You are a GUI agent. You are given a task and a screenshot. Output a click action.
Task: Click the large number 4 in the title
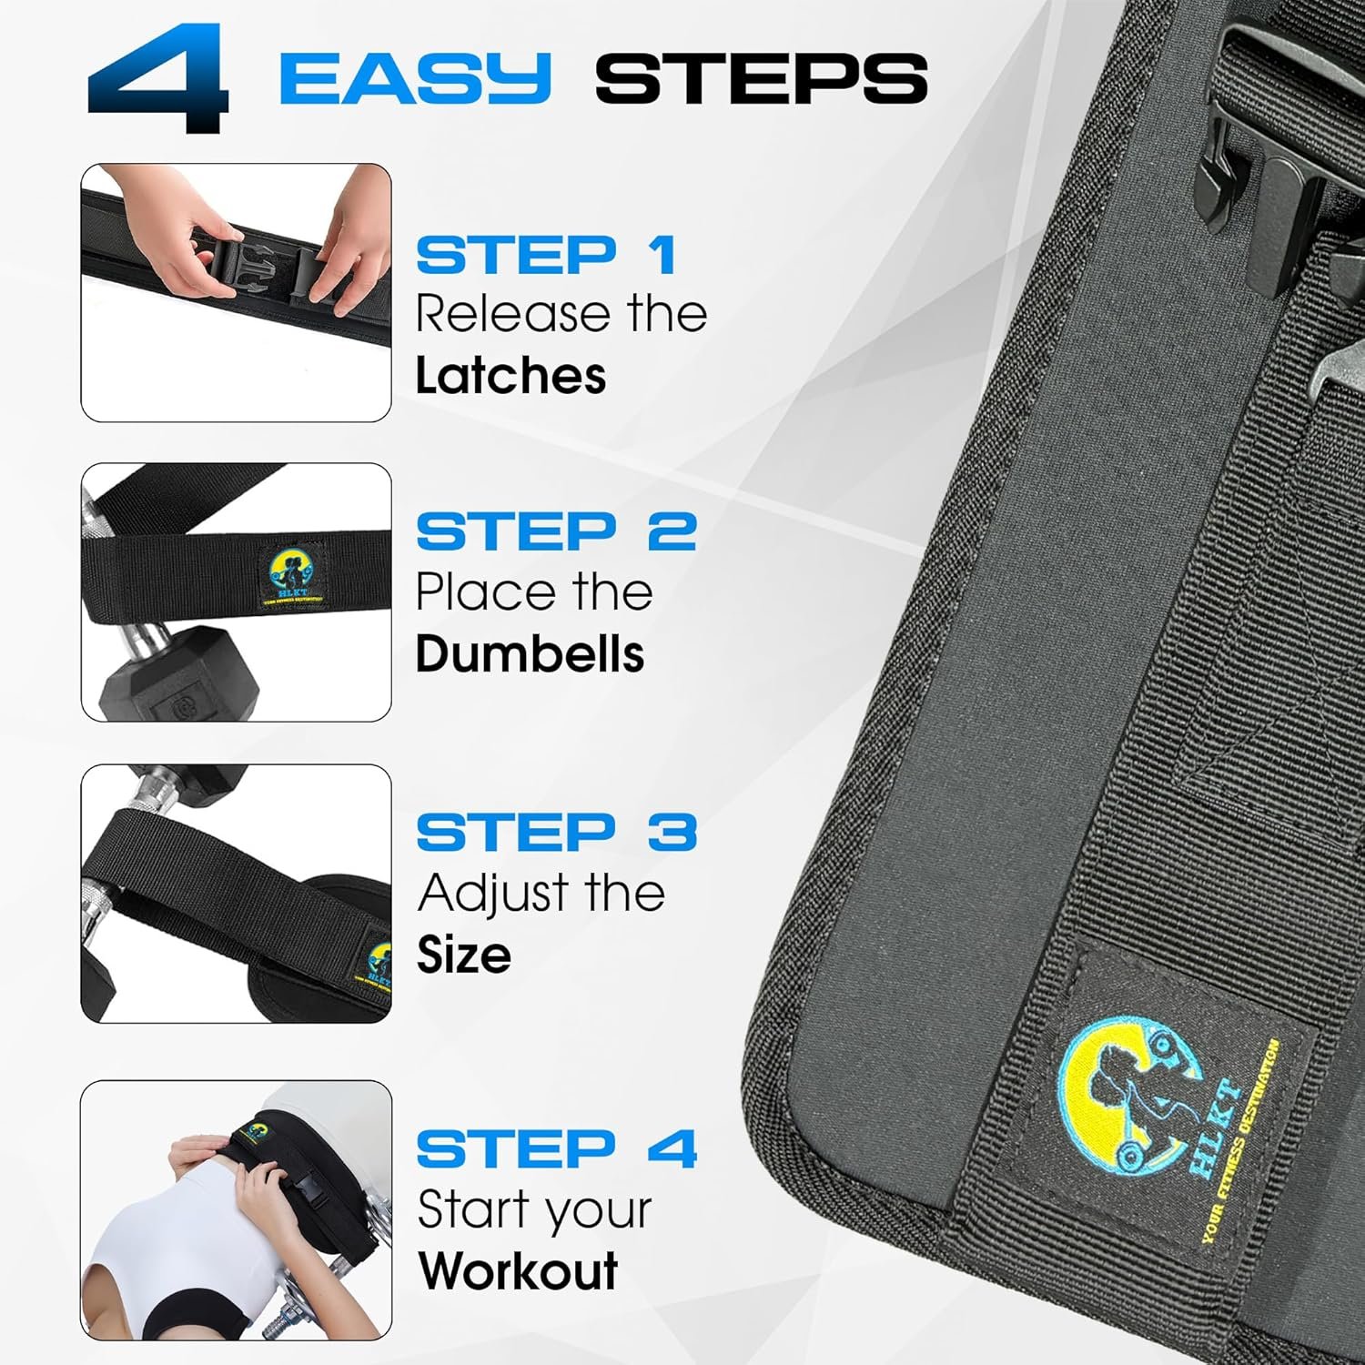coord(159,77)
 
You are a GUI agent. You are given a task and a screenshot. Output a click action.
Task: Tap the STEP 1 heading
coord(546,256)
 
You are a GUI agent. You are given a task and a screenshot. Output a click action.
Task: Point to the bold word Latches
coord(511,376)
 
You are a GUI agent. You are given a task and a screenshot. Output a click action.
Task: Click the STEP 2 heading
coord(556,532)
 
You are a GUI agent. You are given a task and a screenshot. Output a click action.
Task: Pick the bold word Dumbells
coord(530,654)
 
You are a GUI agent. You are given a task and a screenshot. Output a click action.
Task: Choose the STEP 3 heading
coord(556,832)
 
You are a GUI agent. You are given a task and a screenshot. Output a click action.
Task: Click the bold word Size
coord(463,955)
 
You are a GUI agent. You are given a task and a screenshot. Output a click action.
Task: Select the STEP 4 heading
coord(556,1149)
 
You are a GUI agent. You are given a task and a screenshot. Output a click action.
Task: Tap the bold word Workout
coord(518,1271)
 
